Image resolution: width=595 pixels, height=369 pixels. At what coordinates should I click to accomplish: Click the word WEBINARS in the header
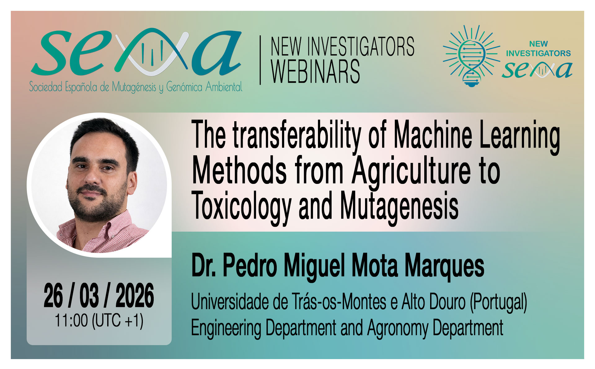click(x=315, y=72)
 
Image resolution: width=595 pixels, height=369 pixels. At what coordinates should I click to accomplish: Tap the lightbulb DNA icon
click(x=471, y=56)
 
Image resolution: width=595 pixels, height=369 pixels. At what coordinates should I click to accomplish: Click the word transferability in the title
click(x=297, y=136)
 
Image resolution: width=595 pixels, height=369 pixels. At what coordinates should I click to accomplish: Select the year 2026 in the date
click(x=135, y=296)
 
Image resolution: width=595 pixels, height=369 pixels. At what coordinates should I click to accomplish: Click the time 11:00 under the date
click(x=71, y=321)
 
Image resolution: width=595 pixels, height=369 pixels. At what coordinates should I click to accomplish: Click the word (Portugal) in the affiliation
click(x=498, y=302)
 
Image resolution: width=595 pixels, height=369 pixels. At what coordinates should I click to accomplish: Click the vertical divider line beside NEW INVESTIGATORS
click(x=260, y=60)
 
